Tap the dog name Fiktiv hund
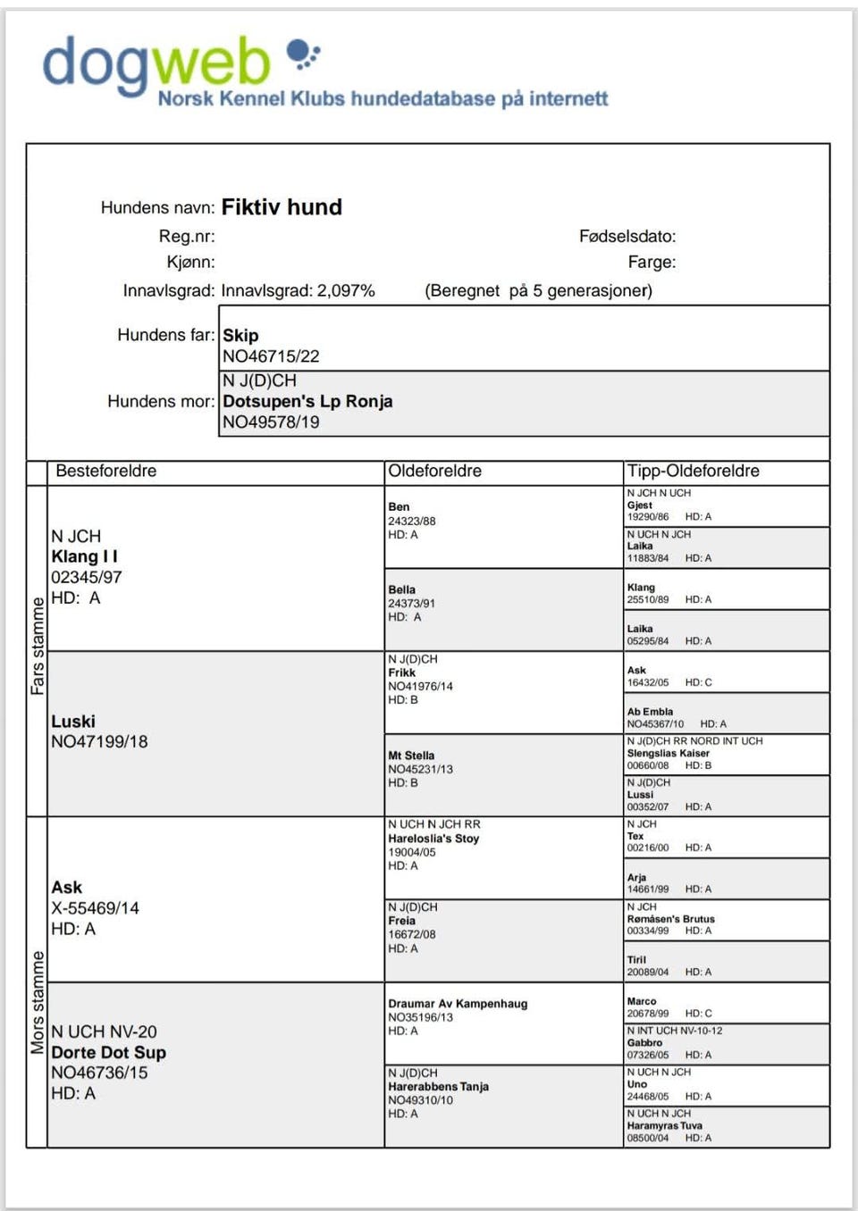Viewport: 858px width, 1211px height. (282, 207)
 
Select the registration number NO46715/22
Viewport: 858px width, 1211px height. (271, 356)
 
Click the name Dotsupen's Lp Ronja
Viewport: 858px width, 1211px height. (307, 401)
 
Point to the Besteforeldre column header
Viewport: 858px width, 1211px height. (105, 471)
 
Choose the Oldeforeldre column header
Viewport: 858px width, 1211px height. (434, 471)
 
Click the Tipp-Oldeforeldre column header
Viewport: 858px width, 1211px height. (693, 471)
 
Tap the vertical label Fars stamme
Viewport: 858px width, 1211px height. (38, 647)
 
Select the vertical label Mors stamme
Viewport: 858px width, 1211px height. (38, 1002)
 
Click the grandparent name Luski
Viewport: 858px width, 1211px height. (73, 721)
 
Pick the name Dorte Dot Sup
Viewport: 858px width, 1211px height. (108, 1052)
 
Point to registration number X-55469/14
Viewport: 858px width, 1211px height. (95, 908)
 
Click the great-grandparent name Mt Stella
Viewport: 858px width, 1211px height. (411, 756)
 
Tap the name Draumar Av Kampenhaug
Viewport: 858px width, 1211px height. (458, 1003)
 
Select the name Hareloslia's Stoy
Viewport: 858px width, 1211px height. (433, 839)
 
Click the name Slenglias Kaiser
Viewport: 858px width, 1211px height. (668, 753)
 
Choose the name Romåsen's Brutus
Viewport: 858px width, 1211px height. (670, 918)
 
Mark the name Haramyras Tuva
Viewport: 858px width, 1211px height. (664, 1125)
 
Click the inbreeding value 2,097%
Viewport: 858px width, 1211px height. (346, 291)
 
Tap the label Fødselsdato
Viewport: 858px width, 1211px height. (627, 237)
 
